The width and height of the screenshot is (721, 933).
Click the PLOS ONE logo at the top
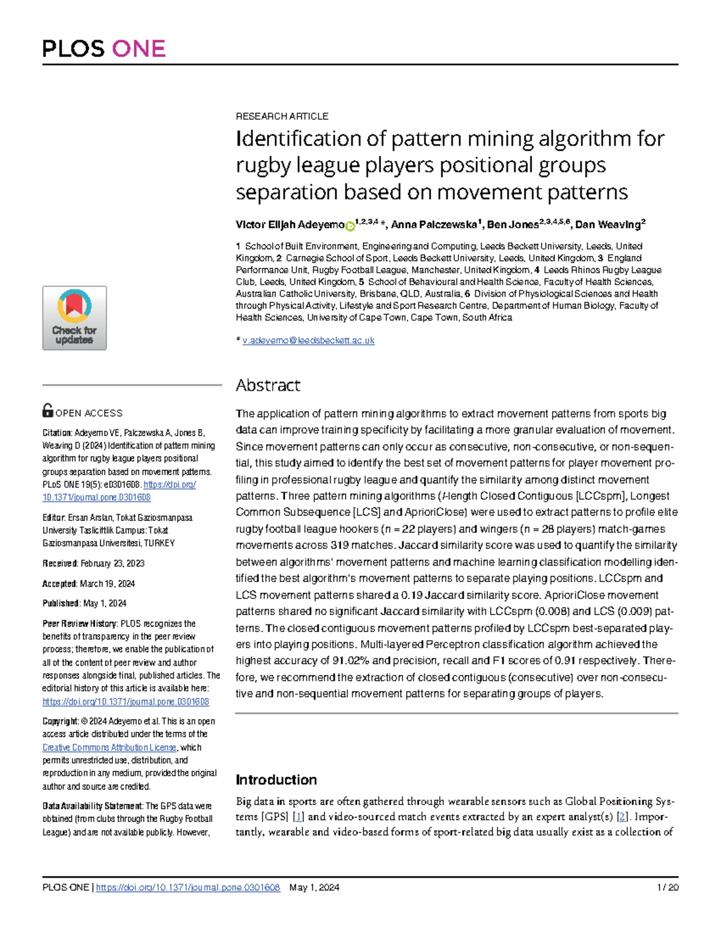[103, 49]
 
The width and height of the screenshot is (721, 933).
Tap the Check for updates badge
[75, 318]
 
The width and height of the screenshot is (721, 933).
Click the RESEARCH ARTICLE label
[282, 116]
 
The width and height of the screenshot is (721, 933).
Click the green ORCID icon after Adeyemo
[350, 226]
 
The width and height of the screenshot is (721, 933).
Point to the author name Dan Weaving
[607, 225]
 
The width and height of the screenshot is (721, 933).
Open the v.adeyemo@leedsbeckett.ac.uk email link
[308, 341]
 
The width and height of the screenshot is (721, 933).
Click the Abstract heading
[268, 385]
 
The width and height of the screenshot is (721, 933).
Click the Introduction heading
[276, 780]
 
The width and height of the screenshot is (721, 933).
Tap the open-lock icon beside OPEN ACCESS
[48, 411]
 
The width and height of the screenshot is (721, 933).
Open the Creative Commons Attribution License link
[109, 747]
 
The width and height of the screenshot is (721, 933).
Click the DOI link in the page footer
[187, 887]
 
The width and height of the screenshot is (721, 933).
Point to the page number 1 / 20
[668, 887]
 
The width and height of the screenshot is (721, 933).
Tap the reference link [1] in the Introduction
[298, 816]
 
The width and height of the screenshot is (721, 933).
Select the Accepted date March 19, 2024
[107, 584]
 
